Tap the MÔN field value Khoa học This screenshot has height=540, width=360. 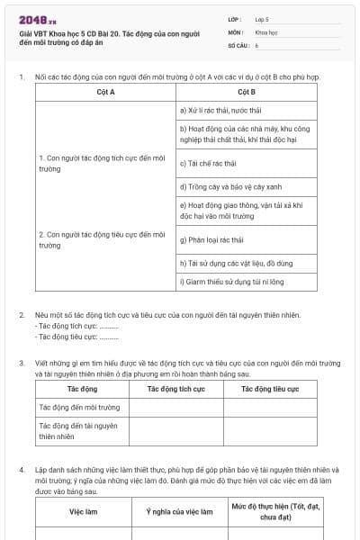click(267, 31)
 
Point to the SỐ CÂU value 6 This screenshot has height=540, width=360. click(257, 44)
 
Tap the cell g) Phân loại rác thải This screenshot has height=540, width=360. click(213, 240)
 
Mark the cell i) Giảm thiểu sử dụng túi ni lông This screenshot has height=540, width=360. click(231, 282)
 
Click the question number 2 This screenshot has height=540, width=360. click(22, 315)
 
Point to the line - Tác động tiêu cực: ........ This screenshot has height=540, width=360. click(77, 337)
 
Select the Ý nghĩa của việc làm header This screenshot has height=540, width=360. click(179, 510)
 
